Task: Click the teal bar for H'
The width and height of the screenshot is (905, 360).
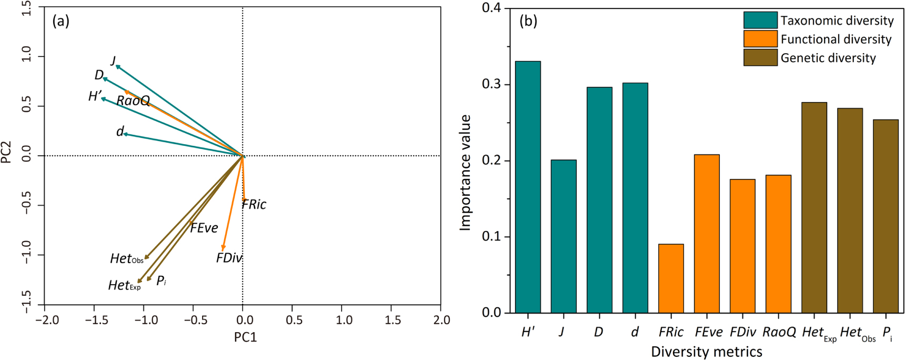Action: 528,187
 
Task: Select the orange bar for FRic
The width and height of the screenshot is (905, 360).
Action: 671,278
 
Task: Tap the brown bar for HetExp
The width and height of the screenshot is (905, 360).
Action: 814,207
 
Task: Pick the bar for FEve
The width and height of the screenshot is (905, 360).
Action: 707,234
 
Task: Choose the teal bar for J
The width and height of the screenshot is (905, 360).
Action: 564,236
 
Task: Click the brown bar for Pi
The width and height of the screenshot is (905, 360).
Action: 886,216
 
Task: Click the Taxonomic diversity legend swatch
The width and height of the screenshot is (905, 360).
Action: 760,20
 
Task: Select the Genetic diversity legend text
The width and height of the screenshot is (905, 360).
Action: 828,58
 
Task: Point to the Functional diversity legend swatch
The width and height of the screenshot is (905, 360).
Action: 760,39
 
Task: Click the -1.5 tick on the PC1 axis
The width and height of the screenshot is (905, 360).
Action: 94,320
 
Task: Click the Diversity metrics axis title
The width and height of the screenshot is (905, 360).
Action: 706,352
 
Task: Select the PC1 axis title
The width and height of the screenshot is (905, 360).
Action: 245,337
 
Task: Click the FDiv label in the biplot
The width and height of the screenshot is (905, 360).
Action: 229,258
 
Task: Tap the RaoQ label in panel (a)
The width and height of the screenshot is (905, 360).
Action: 133,101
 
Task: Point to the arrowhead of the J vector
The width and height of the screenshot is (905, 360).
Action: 116,66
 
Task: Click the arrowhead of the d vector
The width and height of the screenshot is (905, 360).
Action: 124,134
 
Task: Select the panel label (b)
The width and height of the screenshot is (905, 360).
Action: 528,21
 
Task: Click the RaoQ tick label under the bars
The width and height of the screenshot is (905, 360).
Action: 779,332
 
